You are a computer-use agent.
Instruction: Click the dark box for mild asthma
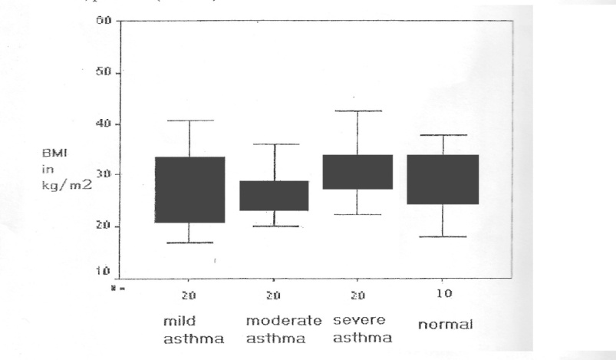point(189,190)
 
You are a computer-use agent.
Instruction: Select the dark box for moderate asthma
point(274,196)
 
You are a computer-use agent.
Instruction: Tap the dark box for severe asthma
point(358,172)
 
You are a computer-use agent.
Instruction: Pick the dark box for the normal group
point(443,180)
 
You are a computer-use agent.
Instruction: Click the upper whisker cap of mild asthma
point(189,121)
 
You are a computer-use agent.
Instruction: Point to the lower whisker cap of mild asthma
point(189,243)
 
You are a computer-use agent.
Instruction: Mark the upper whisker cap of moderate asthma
point(274,144)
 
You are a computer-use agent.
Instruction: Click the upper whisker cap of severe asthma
point(358,111)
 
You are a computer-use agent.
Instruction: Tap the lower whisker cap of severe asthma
point(358,214)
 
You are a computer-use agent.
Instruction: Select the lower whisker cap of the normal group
point(443,236)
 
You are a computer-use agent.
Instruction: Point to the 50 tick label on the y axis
point(104,73)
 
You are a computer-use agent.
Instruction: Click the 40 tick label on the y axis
point(104,124)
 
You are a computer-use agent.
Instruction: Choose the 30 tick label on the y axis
point(104,175)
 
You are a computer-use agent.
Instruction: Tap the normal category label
point(444,325)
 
